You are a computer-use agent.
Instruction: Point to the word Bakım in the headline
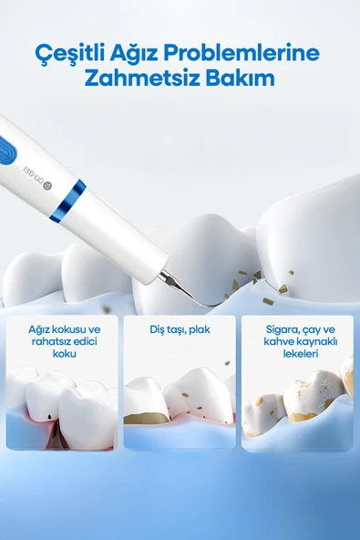tap(241, 78)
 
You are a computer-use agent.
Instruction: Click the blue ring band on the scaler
tap(67, 201)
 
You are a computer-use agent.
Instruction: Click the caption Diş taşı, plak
tap(180, 329)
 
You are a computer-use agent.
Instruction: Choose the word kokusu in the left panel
tap(68, 329)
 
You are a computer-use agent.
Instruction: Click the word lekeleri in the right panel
tap(301, 354)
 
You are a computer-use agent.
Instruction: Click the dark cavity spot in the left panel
tap(50, 417)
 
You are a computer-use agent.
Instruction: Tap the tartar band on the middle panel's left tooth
tap(146, 417)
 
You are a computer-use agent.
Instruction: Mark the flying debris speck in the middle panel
tap(227, 363)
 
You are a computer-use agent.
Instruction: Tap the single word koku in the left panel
tap(65, 354)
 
